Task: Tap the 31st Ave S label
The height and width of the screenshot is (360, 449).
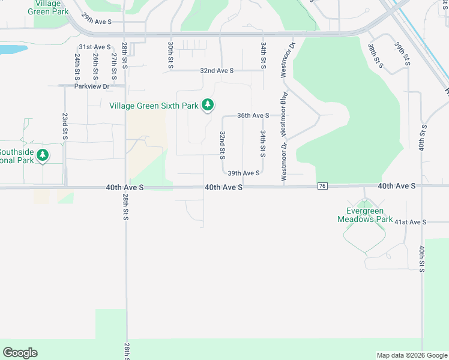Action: (95, 47)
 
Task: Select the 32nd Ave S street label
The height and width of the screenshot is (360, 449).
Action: (217, 70)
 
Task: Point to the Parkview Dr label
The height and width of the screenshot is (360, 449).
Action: (92, 86)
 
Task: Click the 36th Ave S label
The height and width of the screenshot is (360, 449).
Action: (253, 115)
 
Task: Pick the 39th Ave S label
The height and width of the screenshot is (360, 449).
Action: (243, 173)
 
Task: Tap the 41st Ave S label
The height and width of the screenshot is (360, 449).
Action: (410, 222)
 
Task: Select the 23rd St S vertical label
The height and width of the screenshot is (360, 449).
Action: (65, 126)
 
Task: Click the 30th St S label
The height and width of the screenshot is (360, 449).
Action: (170, 55)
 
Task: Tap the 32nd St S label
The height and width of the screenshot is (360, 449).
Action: (222, 145)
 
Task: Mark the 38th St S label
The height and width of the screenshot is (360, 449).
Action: (375, 56)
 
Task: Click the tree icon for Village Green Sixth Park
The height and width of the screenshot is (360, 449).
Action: (208, 106)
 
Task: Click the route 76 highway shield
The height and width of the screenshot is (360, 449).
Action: (323, 187)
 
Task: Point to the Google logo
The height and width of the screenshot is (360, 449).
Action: (20, 353)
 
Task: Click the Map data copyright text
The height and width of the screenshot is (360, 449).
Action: (411, 355)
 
